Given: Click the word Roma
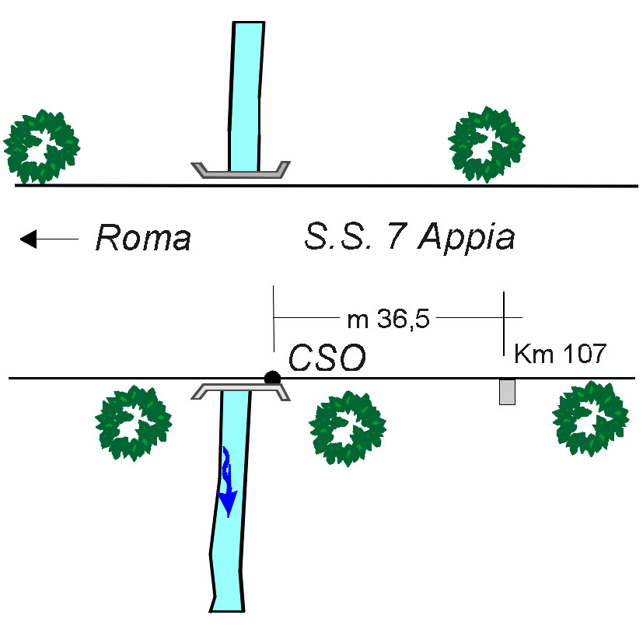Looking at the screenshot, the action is [143, 237].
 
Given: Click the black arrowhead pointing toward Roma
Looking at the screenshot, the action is [29, 239].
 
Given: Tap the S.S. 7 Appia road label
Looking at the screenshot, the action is [409, 237].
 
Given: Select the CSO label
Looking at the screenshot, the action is [327, 358].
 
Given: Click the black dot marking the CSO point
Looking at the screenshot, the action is [272, 377].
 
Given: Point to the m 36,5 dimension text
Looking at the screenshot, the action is [388, 319].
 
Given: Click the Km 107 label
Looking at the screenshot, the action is [560, 354].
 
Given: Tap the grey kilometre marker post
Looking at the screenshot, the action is [507, 392].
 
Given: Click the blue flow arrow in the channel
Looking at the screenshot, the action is [227, 482].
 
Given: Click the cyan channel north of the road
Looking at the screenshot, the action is [245, 96].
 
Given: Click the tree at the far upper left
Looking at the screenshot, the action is [41, 146].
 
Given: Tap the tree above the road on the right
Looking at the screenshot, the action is [487, 144].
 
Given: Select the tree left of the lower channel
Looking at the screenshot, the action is [133, 423].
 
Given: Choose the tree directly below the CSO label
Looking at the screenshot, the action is [348, 428].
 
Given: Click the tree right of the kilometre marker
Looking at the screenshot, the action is [590, 418].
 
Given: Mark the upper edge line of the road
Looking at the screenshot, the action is [327, 186].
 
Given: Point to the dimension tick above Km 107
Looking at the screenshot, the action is [504, 324].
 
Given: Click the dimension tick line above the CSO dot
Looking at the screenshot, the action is [274, 319].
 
